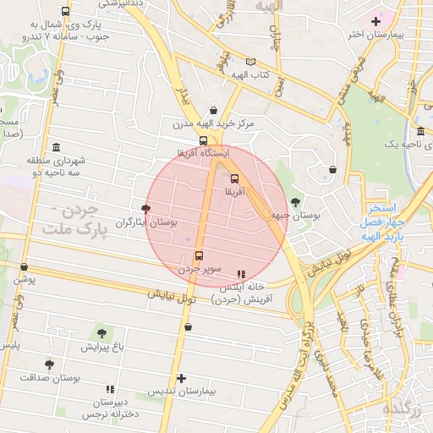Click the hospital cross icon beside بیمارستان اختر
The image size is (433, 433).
[375, 20]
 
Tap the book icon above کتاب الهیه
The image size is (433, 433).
[249, 62]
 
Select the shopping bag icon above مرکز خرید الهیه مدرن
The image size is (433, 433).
[212, 110]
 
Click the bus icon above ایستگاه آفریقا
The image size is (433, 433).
[203, 140]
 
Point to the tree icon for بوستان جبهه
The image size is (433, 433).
[294, 201]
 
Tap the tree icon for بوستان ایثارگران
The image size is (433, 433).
[146, 208]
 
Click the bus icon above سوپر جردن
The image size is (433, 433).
[200, 255]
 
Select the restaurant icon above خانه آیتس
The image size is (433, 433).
[241, 274]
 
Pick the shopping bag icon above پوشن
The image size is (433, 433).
[24, 266]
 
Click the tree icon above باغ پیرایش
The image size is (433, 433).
[102, 333]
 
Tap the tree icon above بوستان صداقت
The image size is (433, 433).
[49, 364]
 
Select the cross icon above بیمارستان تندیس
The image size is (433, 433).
[181, 379]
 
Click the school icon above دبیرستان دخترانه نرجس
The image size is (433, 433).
[110, 388]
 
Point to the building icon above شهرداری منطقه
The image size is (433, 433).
[56, 147]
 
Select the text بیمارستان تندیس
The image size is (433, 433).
[182, 392]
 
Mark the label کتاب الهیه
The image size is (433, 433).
[250, 75]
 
